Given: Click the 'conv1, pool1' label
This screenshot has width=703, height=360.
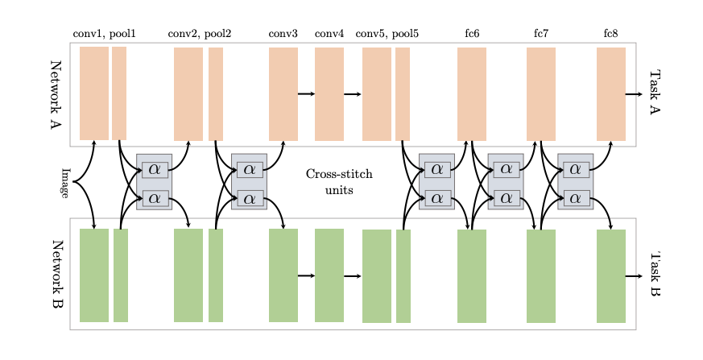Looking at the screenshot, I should click(104, 34).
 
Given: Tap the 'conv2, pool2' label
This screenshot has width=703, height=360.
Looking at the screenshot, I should click(199, 34).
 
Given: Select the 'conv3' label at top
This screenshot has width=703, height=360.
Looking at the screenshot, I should click(283, 34).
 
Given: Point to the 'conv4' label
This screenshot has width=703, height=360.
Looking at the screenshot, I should click(329, 34).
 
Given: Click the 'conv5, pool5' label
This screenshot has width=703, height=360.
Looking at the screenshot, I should click(387, 34).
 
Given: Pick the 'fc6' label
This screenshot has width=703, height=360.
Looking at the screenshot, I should click(472, 34).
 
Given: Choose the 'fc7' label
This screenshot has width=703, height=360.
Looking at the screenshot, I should click(541, 34).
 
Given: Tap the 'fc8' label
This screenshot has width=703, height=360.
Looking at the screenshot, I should click(610, 34).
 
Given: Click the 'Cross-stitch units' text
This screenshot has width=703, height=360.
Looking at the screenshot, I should click(339, 182).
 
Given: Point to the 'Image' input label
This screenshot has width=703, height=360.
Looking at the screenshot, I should click(65, 182).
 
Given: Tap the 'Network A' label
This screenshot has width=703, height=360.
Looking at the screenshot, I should click(56, 94).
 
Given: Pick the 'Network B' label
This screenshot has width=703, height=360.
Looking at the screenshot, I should click(56, 275).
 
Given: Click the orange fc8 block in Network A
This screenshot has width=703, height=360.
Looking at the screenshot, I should click(610, 94).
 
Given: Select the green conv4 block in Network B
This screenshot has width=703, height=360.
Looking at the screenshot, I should click(329, 275).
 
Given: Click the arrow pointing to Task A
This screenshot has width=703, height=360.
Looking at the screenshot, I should click(634, 94).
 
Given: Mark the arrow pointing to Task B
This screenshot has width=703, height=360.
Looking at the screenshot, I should click(634, 275).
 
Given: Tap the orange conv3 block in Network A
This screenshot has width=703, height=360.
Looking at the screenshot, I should click(283, 94).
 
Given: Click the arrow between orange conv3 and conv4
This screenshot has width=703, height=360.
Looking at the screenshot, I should click(306, 94).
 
